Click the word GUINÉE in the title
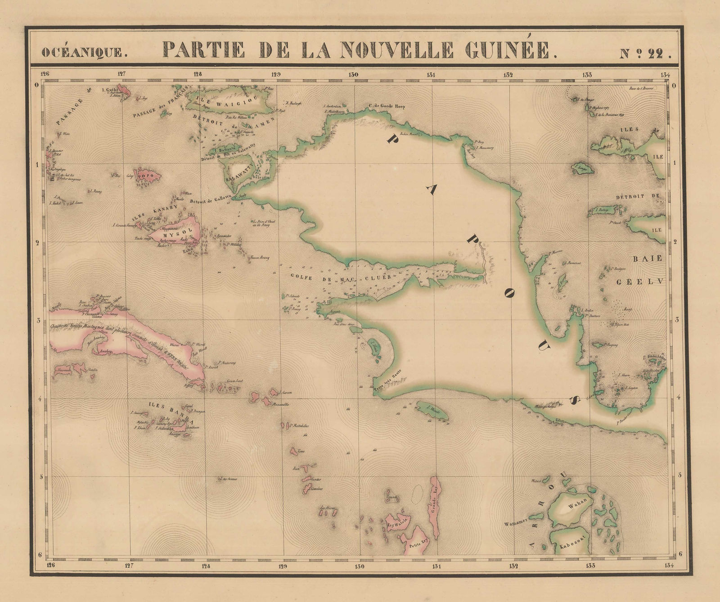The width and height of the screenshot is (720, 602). tap(511, 50)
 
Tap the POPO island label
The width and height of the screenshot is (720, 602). tap(147, 175)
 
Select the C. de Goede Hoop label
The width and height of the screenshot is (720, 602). tap(387, 107)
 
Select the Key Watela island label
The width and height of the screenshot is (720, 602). tap(397, 524)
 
